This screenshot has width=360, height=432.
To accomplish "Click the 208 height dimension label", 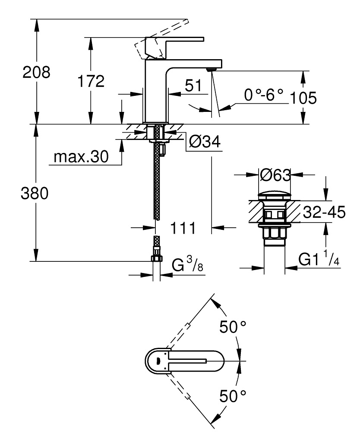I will (37, 72).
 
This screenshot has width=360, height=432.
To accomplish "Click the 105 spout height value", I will (303, 98).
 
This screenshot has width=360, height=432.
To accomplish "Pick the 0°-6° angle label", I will (263, 95).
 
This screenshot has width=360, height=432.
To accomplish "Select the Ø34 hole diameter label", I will (205, 140).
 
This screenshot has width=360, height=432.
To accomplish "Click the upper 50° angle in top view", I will (233, 327).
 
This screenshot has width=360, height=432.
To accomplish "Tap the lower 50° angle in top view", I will (233, 395).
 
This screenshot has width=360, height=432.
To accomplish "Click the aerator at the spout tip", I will (211, 69).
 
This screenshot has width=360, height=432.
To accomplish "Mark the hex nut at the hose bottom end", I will (156, 258).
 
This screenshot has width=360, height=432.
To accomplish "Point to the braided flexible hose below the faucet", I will (157, 181).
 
